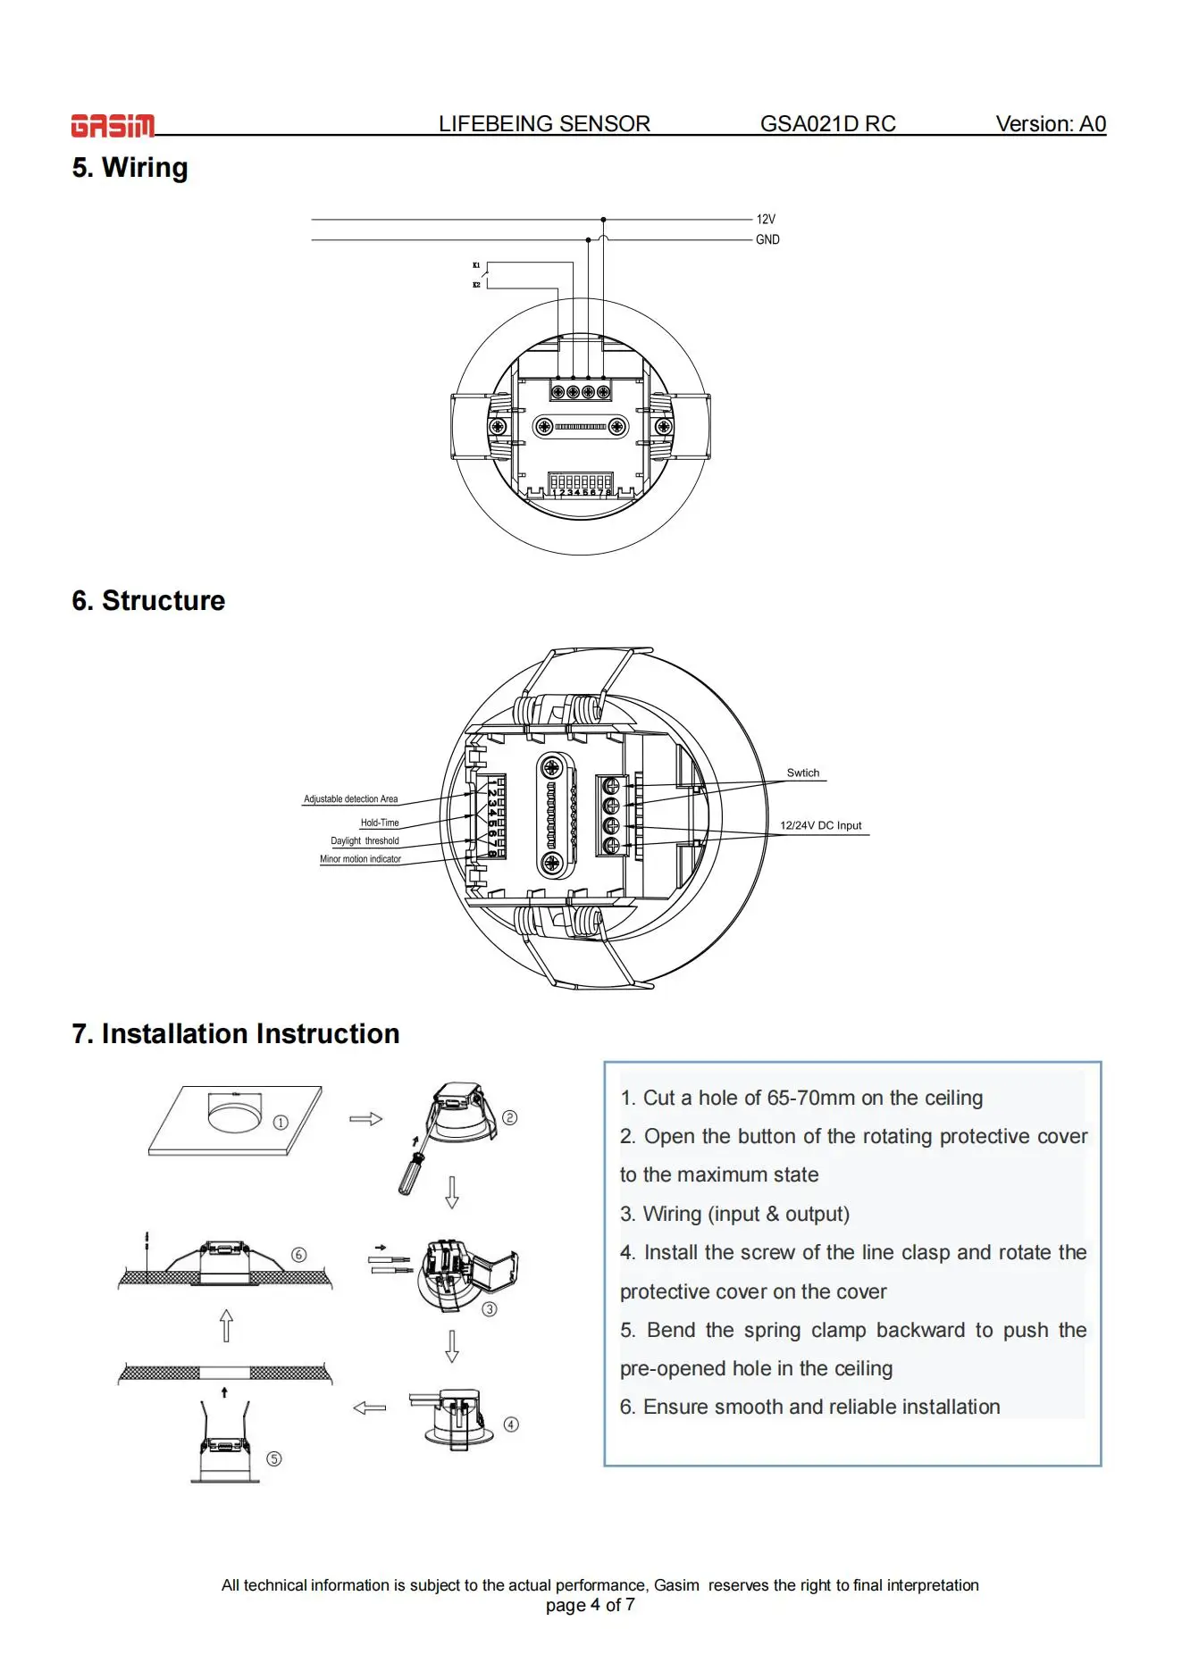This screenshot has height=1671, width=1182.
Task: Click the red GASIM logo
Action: tap(113, 126)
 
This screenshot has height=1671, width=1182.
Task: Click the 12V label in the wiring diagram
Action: tap(766, 219)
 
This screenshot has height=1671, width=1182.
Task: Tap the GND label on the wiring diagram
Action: tap(767, 239)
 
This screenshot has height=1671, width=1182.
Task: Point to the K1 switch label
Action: tap(476, 265)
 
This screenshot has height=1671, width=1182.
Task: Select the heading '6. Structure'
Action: tap(148, 601)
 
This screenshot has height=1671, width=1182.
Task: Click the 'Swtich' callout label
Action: tap(802, 773)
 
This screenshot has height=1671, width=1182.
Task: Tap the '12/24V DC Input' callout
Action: tap(820, 825)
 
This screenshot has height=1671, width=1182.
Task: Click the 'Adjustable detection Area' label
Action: tap(350, 798)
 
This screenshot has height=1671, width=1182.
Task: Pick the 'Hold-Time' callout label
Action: tap(380, 823)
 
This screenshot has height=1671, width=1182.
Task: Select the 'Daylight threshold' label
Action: tap(365, 840)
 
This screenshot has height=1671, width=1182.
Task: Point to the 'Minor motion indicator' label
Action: tap(360, 859)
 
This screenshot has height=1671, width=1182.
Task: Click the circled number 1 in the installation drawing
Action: tap(281, 1123)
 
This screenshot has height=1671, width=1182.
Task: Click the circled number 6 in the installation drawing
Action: tap(299, 1255)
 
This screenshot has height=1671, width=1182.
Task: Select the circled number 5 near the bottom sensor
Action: tap(274, 1458)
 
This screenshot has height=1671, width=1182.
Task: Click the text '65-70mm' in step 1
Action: tap(810, 1098)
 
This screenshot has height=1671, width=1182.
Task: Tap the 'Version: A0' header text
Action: tap(1051, 124)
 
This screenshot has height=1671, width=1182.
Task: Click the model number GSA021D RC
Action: tap(827, 124)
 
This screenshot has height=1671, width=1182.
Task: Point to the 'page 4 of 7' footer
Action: tap(591, 1605)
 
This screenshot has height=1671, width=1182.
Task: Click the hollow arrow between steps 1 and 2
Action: tap(365, 1119)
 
